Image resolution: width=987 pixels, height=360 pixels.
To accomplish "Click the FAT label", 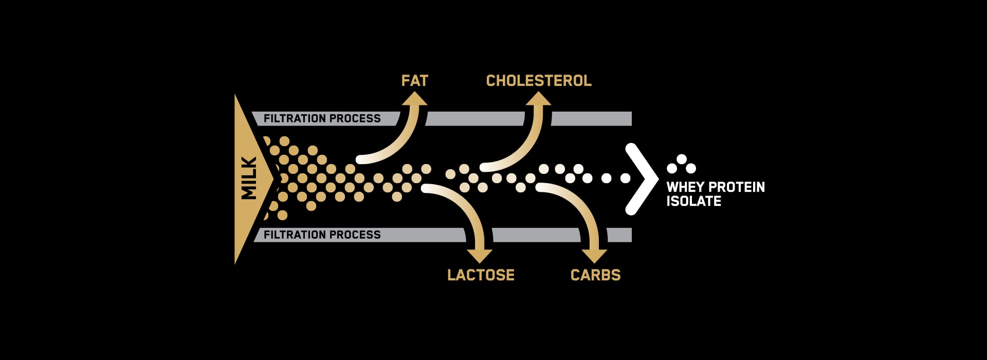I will click(x=414, y=81).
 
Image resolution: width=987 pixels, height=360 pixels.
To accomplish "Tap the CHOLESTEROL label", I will click(x=539, y=81).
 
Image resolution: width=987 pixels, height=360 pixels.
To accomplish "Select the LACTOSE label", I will click(x=481, y=275).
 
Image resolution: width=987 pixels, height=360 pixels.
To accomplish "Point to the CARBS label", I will click(x=595, y=275).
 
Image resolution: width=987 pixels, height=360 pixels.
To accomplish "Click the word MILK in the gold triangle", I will click(x=249, y=178).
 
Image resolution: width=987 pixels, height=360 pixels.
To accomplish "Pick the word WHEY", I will click(x=685, y=187).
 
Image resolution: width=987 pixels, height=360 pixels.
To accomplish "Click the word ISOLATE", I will click(x=693, y=201).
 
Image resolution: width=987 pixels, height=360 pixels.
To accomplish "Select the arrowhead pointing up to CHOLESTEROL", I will click(x=538, y=99).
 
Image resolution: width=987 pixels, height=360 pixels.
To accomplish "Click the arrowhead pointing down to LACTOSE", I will click(x=480, y=256).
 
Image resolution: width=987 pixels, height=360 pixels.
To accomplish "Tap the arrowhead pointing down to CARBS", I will click(x=594, y=256).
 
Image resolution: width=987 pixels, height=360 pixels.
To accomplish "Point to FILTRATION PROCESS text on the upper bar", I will click(x=322, y=118).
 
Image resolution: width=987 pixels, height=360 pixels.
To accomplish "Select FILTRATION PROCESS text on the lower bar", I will click(x=322, y=235).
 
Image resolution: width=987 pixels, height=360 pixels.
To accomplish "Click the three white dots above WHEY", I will click(x=681, y=164).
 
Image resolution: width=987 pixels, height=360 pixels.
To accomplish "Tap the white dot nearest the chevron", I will click(x=625, y=178).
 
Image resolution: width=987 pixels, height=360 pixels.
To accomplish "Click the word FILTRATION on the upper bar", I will click(x=295, y=118).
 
